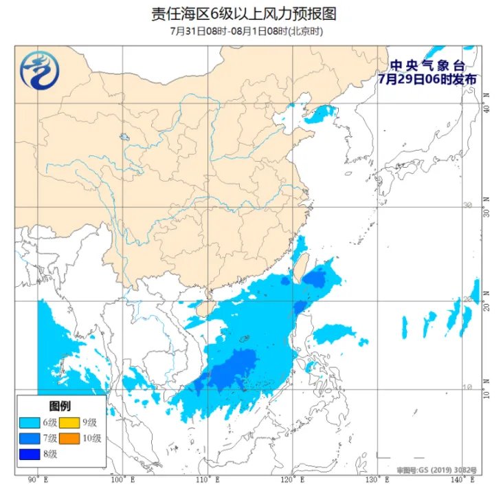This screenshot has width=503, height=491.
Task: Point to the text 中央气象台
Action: pyautogui.click(x=427, y=65)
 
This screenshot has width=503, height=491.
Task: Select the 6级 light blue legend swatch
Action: pyautogui.click(x=30, y=422)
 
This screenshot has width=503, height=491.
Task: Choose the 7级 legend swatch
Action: pyautogui.click(x=30, y=438)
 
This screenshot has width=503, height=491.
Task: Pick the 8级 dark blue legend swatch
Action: pyautogui.click(x=30, y=454)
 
